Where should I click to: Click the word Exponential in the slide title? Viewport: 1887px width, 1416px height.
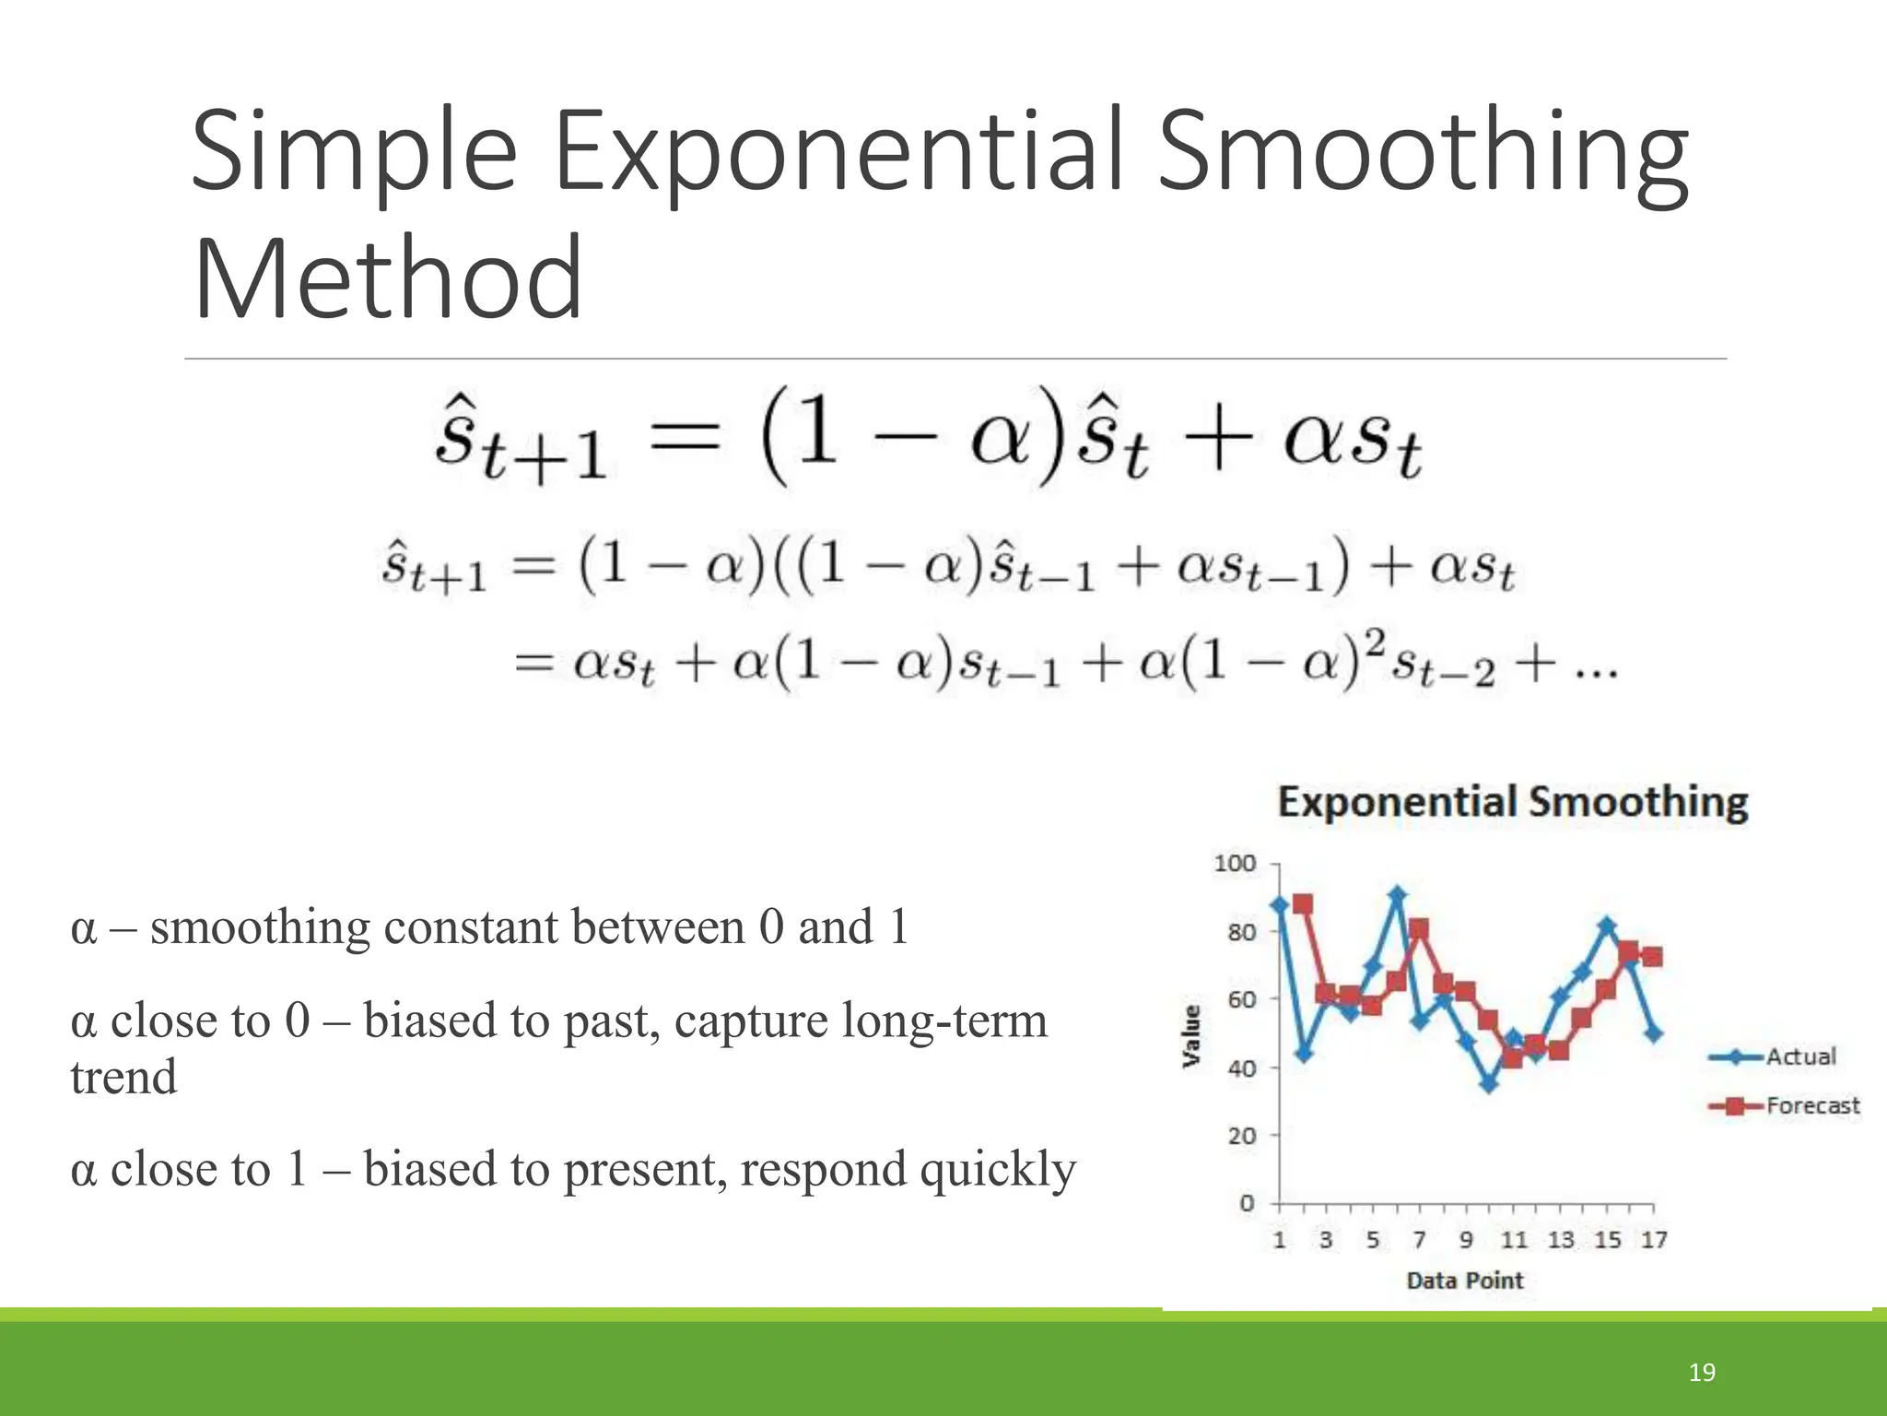point(838,152)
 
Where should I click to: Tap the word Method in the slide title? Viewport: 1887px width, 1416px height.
point(388,278)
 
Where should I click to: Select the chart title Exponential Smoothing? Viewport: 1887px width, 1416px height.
point(1512,802)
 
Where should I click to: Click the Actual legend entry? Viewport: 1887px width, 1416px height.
point(1799,1056)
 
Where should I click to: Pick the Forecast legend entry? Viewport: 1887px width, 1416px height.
point(1811,1105)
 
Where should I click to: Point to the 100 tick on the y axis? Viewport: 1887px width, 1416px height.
point(1235,864)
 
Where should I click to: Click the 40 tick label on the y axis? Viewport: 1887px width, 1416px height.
point(1241,1068)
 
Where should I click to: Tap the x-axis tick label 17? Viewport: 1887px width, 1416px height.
point(1653,1240)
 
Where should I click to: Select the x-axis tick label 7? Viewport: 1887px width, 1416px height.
point(1419,1240)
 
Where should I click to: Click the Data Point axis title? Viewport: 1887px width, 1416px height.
point(1464,1280)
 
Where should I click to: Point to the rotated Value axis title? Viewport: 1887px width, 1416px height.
point(1191,1036)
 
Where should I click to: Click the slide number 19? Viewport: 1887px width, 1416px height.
point(1701,1373)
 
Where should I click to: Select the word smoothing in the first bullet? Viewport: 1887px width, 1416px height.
point(260,927)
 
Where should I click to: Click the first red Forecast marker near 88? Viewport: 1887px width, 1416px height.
point(1302,904)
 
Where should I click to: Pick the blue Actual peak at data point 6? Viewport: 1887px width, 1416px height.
point(1397,894)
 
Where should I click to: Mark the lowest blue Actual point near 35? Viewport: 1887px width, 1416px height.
point(1489,1084)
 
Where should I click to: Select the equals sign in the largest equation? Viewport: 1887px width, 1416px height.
point(684,436)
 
